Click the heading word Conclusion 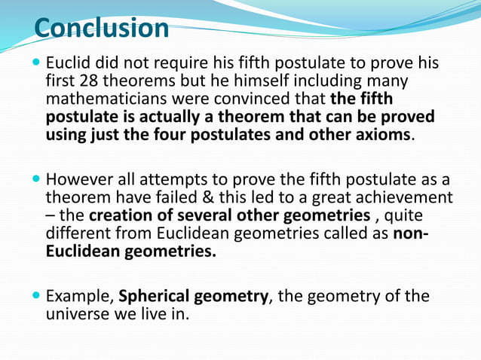[102, 28]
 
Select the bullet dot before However [37, 180]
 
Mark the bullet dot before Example [37, 296]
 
